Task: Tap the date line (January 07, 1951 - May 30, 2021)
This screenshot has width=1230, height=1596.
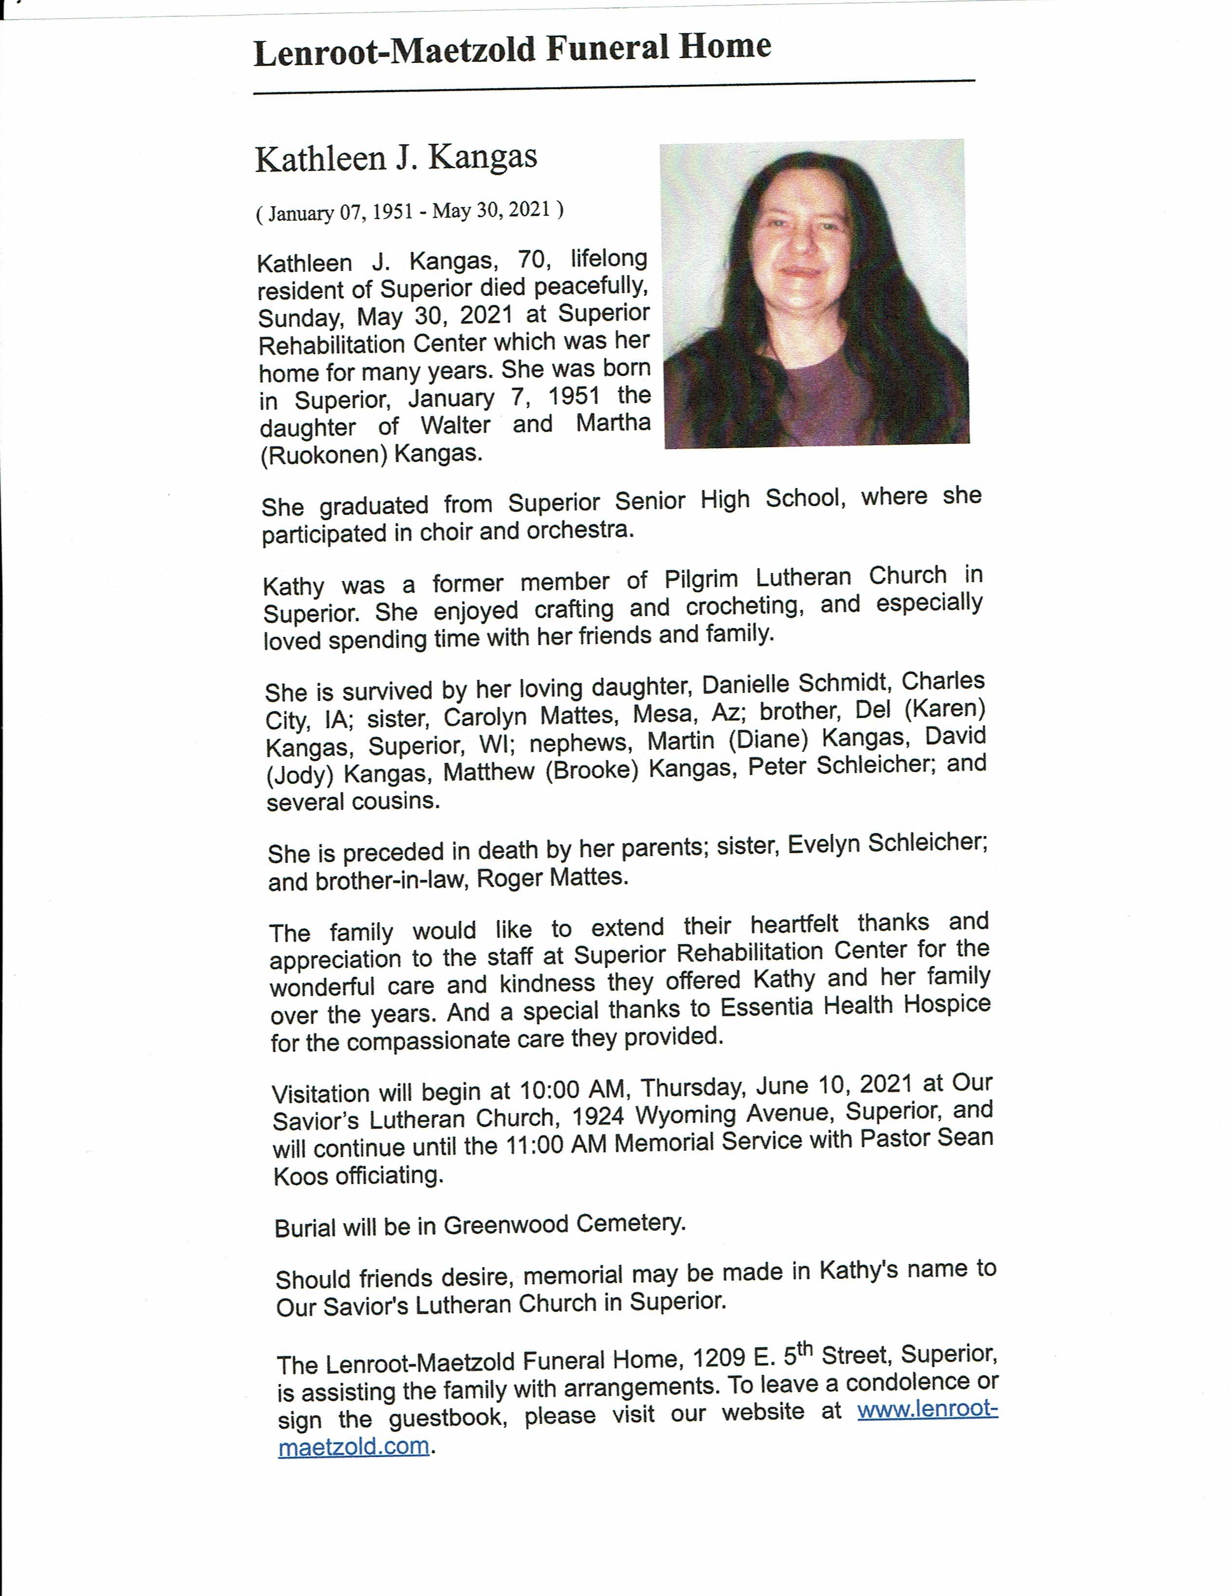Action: point(409,211)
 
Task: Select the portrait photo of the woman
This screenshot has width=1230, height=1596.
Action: point(814,292)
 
